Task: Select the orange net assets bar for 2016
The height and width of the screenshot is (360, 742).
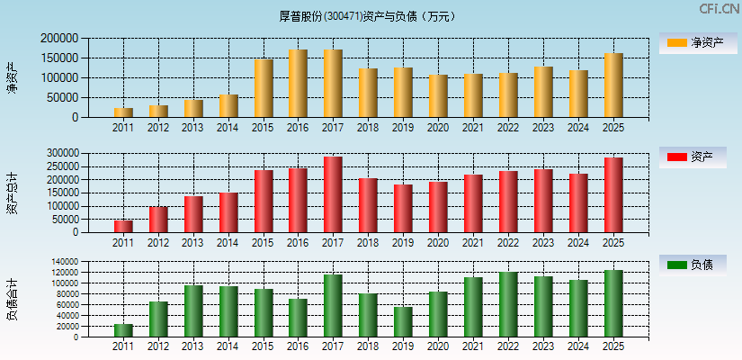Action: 298,84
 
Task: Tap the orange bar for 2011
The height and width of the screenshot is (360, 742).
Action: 123,112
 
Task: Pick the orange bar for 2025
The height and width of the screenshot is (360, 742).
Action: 613,85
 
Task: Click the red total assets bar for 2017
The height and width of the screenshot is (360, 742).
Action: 333,194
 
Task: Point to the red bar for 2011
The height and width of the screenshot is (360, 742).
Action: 123,226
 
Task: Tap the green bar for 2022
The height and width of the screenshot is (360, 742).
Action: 508,304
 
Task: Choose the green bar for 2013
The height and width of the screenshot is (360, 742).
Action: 193,311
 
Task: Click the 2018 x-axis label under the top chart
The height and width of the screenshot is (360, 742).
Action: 368,128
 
